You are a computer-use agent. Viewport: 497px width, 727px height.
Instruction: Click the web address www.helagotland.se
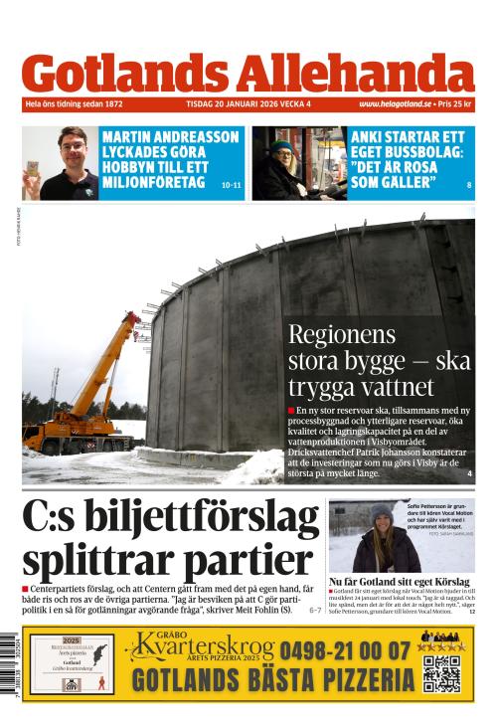tap(396, 104)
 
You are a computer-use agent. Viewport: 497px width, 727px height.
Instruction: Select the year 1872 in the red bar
tap(111, 104)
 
